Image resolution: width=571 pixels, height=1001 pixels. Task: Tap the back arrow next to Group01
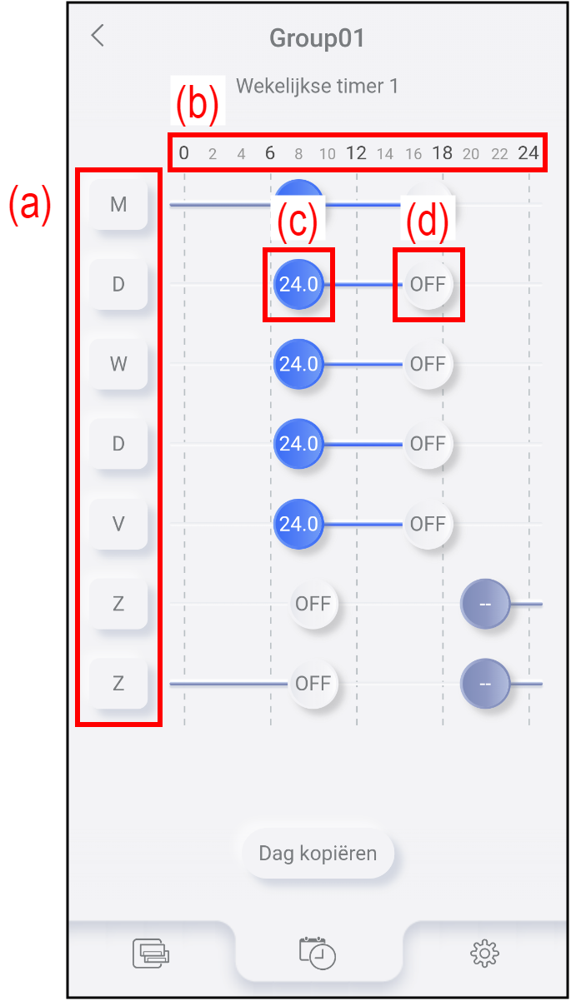98,36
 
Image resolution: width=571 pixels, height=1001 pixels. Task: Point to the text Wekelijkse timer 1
317,86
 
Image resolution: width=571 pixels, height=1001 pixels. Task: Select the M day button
118,204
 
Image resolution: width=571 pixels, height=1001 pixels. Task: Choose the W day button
118,364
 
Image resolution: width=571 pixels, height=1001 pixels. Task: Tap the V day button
118,524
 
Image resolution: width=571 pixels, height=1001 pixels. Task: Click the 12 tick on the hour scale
356,153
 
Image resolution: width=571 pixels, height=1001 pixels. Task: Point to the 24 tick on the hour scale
528,153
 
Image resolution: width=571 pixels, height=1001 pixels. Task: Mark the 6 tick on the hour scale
270,153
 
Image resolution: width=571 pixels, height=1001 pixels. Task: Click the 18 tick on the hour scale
442,153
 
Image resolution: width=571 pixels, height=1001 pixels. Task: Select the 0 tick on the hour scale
184,153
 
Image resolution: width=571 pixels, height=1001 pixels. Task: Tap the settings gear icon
484,952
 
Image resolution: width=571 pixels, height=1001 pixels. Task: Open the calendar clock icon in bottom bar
318,953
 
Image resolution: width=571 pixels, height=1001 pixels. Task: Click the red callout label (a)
31,204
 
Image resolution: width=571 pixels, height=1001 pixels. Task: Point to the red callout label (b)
197,103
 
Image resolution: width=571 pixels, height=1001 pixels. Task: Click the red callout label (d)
428,222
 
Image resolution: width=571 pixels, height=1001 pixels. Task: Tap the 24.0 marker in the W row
298,364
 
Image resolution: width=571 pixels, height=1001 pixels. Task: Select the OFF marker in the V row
428,524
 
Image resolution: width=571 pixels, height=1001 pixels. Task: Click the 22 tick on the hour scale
499,154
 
